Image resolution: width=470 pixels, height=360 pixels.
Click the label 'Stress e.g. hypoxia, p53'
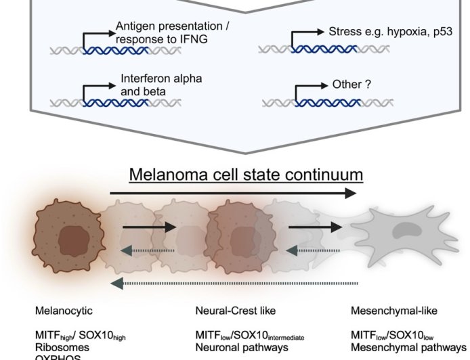click(385, 32)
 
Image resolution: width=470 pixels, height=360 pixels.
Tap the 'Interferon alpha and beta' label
click(161, 85)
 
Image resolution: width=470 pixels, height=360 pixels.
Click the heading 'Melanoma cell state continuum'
click(245, 175)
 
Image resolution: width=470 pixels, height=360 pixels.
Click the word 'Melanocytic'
click(64, 311)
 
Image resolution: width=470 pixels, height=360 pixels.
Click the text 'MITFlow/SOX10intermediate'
click(249, 336)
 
